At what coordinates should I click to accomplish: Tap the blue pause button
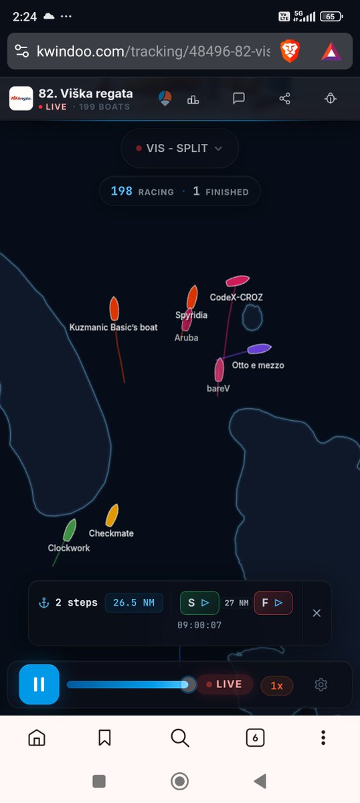39,684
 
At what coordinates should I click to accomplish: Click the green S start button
199,603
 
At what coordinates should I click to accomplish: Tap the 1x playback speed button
276,685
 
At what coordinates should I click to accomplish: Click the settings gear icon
321,685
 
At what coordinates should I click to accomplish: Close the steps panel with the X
317,613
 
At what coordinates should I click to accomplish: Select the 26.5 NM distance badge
134,603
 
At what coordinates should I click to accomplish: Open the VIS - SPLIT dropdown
179,148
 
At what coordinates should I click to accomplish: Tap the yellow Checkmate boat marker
112,515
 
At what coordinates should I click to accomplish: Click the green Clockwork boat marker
70,530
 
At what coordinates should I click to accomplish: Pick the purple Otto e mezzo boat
259,349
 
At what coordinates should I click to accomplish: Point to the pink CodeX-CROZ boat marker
238,280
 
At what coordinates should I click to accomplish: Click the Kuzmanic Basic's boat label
113,327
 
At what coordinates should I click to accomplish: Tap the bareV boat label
218,388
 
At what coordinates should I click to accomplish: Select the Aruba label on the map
186,337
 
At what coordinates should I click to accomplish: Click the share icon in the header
284,98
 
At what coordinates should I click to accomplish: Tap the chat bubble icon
239,98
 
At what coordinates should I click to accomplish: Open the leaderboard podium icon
193,99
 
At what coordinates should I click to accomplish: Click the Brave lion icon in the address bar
290,51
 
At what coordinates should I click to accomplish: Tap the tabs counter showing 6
255,737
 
